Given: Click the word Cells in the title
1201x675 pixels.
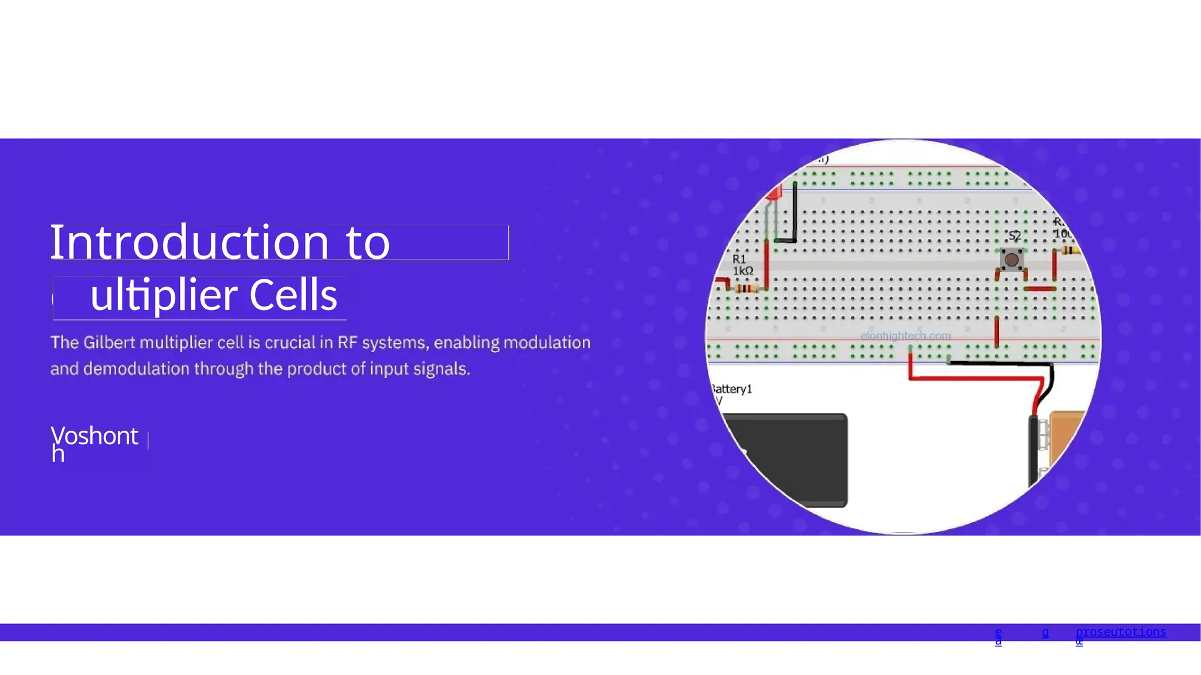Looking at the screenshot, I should [x=293, y=295].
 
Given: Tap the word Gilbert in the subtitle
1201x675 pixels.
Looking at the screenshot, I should [x=109, y=343].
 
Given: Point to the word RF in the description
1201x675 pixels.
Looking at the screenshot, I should [x=347, y=343].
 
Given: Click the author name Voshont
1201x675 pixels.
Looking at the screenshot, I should [x=94, y=437].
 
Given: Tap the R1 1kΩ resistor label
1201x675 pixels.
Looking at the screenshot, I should [x=742, y=265].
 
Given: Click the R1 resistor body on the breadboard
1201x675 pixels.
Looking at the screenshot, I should [x=747, y=288].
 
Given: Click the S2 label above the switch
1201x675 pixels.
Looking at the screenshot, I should [x=1015, y=236].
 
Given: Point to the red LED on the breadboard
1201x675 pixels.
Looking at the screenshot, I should [x=775, y=193].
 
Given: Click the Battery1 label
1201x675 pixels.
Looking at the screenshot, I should [x=731, y=389].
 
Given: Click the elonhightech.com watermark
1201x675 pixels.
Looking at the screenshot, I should [x=905, y=336].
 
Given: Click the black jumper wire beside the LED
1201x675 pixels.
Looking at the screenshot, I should [x=795, y=214].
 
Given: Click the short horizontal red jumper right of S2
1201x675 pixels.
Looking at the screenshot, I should [x=1039, y=288].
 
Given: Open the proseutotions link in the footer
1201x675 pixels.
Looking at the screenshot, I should [x=1120, y=632].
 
